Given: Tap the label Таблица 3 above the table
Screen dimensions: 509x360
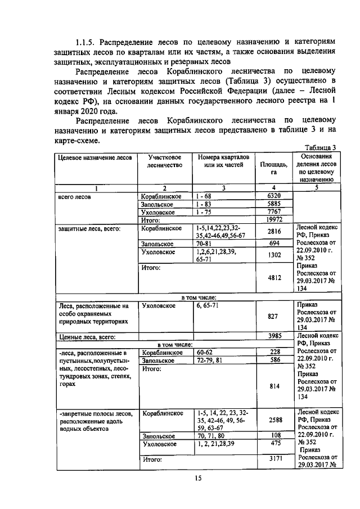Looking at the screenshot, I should tap(317, 147).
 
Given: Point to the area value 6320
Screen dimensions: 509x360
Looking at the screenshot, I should tap(273, 196).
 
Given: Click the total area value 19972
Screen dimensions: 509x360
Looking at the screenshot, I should tap(273, 220).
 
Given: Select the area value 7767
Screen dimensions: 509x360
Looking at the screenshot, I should tap(273, 212).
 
